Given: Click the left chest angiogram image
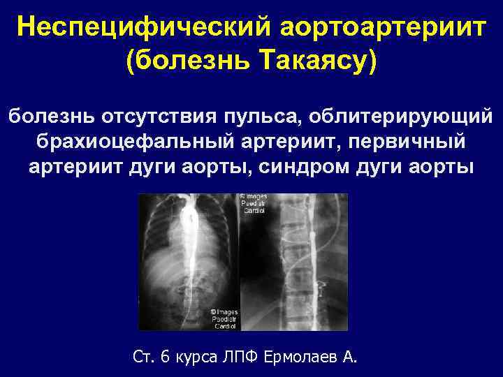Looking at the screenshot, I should tap(189, 261).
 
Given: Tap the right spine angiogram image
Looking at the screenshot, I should tap(294, 261).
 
